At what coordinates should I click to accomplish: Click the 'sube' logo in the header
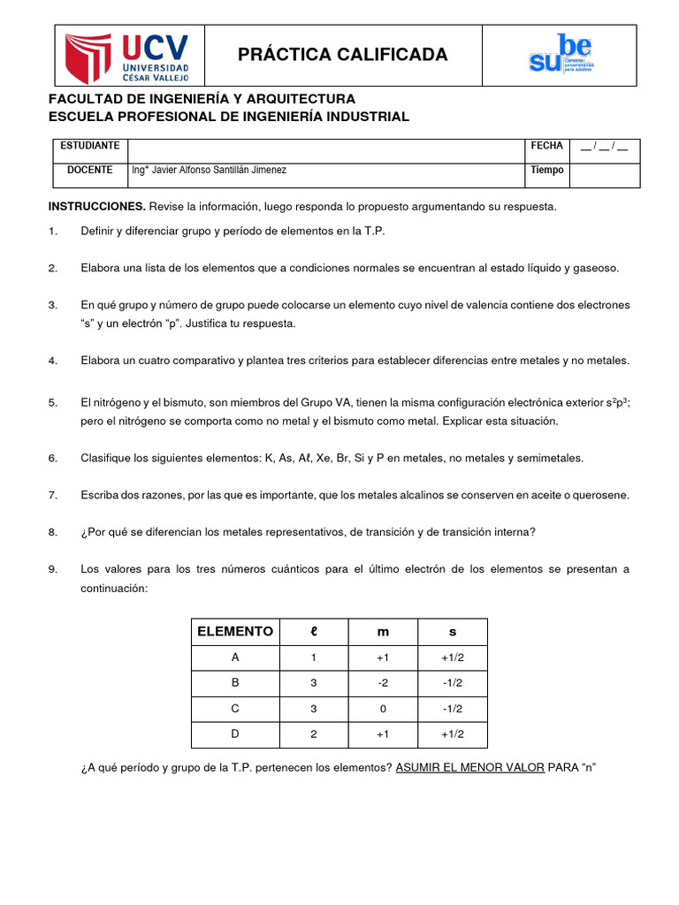click(561, 56)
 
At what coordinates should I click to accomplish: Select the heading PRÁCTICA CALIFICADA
click(343, 56)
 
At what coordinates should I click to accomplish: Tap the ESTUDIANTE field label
click(88, 145)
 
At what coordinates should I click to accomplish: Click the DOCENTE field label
click(88, 171)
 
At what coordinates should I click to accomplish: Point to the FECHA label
click(546, 145)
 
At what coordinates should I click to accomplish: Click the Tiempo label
click(546, 171)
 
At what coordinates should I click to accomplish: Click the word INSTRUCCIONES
click(96, 207)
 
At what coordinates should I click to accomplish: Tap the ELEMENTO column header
click(234, 631)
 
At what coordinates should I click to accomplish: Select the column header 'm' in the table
click(382, 631)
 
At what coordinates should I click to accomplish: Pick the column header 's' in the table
click(452, 631)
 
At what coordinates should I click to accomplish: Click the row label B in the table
click(234, 683)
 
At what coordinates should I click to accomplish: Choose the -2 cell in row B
click(382, 683)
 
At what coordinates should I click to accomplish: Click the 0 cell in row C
click(382, 709)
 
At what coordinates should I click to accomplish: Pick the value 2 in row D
click(312, 734)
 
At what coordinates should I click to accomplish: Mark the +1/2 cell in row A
click(452, 658)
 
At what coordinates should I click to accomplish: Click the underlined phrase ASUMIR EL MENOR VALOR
click(469, 768)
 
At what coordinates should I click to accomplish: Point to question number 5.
click(53, 403)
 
